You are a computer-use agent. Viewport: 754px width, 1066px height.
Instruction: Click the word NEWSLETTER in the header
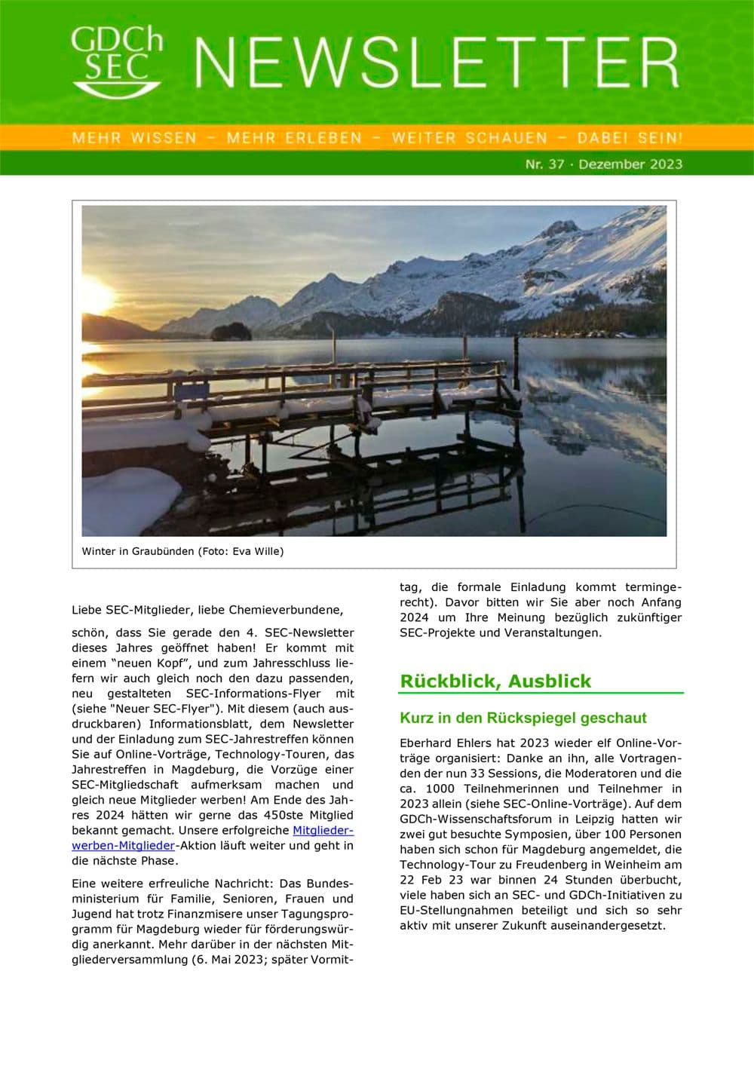437,63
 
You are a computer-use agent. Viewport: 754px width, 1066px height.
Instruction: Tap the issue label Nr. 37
544,164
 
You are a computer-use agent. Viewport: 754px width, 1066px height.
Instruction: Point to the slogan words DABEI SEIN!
630,138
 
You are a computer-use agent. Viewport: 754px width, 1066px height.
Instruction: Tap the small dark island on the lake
231,331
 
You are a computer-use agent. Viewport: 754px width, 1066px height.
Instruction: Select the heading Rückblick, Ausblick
495,681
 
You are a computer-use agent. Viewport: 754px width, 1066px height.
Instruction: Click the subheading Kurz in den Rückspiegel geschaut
523,718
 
